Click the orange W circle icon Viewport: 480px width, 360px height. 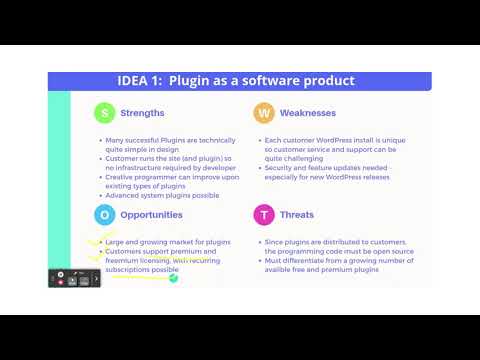point(263,113)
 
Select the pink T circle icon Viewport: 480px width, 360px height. point(263,214)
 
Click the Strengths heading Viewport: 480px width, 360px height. point(142,113)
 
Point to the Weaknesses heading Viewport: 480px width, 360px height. point(307,113)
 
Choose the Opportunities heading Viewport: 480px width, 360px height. point(151,214)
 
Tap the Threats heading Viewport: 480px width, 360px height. point(297,214)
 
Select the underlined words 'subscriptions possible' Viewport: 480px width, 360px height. point(141,270)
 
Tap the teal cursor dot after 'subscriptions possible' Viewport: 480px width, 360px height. point(173,277)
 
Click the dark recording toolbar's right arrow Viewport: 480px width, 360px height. point(97,277)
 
